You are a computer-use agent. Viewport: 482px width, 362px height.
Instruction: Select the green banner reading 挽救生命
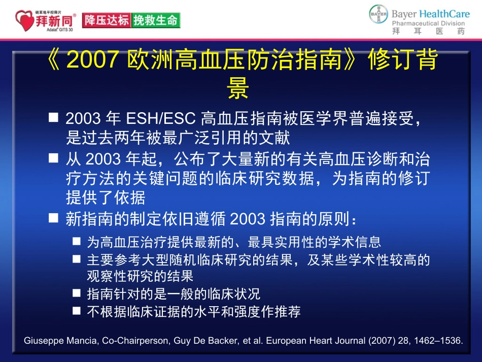pyautogui.click(x=155, y=20)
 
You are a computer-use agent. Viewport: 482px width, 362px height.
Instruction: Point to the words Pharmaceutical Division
pyautogui.click(x=428, y=23)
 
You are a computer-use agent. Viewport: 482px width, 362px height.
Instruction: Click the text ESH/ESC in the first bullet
pyautogui.click(x=160, y=120)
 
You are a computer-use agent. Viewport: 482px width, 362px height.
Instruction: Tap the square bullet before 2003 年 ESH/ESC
pyautogui.click(x=53, y=118)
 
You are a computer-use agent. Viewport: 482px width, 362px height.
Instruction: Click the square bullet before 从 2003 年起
pyautogui.click(x=53, y=158)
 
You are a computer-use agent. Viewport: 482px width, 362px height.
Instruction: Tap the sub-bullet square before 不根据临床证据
pyautogui.click(x=76, y=310)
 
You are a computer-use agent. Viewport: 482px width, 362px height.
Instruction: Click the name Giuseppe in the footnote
pyautogui.click(x=42, y=341)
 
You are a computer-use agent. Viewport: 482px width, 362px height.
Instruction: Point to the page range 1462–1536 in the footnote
pyautogui.click(x=441, y=341)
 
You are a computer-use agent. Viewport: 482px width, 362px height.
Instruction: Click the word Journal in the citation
pyautogui.click(x=350, y=341)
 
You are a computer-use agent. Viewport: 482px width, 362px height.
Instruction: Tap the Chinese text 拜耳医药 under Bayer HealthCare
pyautogui.click(x=428, y=32)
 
